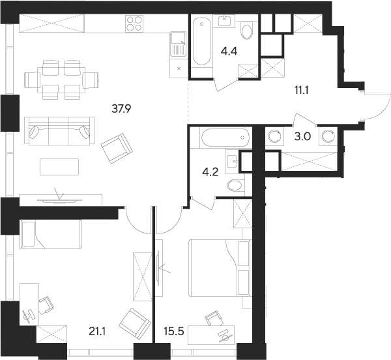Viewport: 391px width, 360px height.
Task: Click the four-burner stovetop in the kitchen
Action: (134, 24)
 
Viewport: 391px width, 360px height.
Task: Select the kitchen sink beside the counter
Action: (178, 46)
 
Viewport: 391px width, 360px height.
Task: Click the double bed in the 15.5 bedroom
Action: (219, 267)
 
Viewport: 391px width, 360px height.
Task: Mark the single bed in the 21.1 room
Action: (50, 234)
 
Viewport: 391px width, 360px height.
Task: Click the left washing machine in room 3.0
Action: (275, 137)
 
